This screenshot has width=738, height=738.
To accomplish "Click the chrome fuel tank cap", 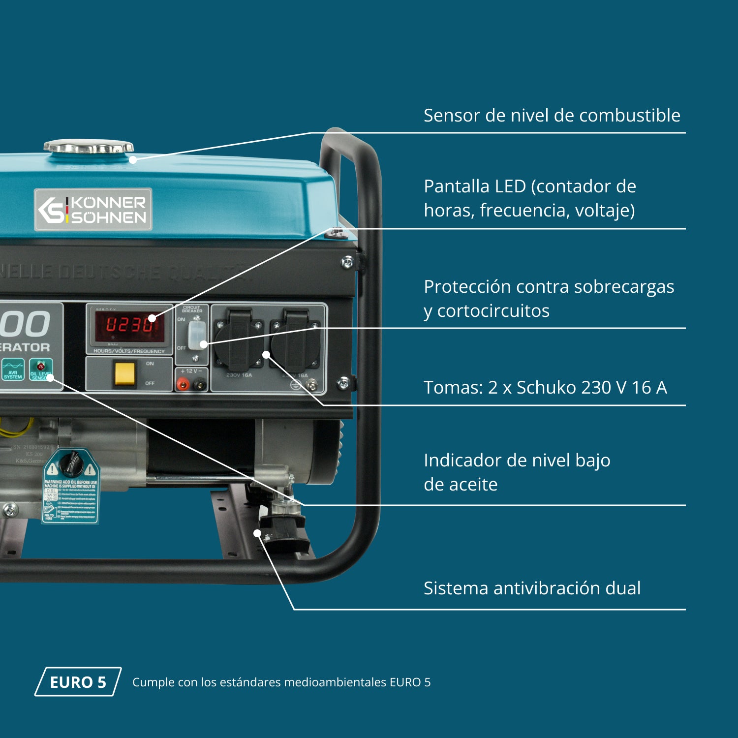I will click(x=89, y=147).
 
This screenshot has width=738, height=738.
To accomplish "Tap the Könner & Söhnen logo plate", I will click(x=93, y=210).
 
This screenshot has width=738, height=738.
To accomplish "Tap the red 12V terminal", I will click(x=183, y=384).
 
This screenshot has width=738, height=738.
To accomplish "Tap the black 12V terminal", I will click(x=200, y=384).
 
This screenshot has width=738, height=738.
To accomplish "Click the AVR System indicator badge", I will click(x=13, y=369).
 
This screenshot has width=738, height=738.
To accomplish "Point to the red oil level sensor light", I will click(x=40, y=367).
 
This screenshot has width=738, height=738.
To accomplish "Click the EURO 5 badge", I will click(x=78, y=682).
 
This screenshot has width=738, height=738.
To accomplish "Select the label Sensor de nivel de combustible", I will click(x=552, y=116).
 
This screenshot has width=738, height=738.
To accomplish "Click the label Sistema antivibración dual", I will click(x=532, y=588).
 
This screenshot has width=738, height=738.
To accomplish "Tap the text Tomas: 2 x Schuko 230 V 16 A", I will click(x=545, y=388).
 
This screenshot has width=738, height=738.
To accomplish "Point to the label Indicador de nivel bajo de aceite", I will click(x=517, y=472).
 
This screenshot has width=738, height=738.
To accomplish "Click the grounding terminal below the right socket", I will click(x=311, y=384).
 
